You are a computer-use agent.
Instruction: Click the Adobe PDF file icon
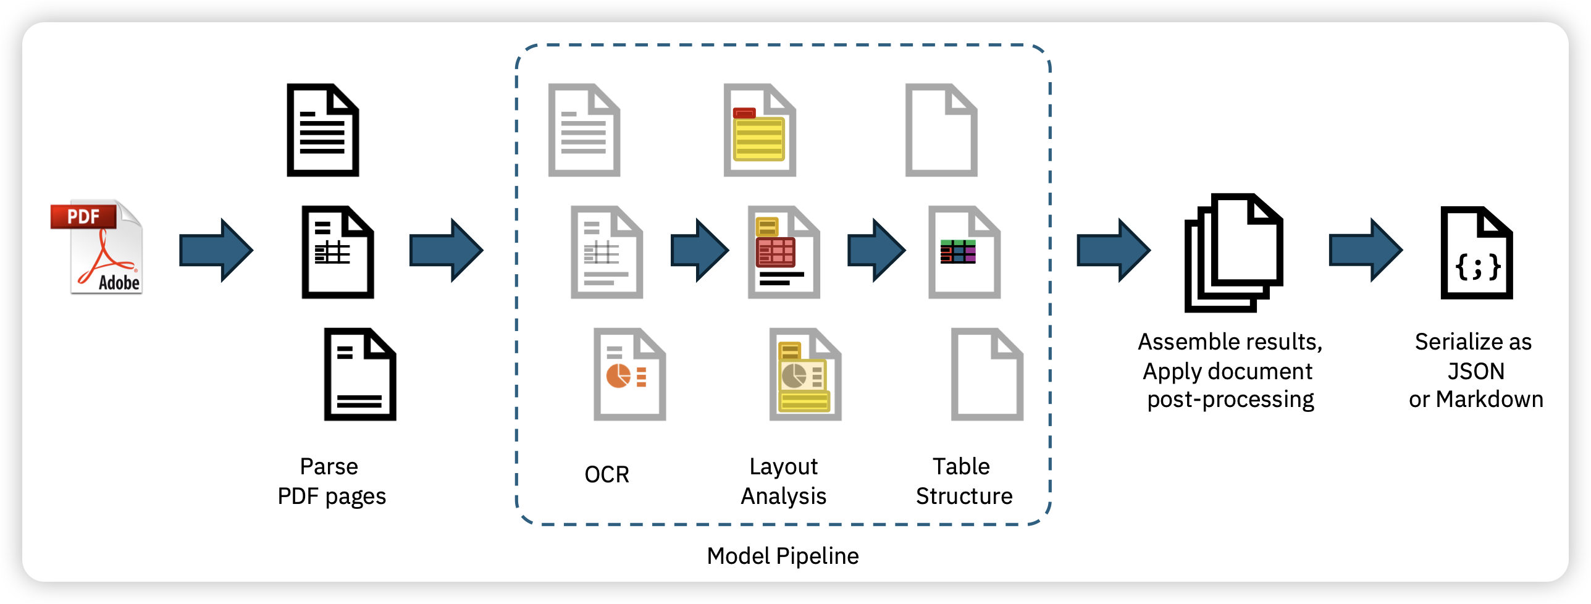tap(98, 247)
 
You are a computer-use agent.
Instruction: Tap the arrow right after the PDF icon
tap(216, 250)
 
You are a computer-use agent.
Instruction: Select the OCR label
tap(607, 474)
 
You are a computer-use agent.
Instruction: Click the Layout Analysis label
tap(783, 481)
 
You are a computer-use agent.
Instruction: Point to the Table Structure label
tap(963, 481)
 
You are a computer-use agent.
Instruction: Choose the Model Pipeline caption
tap(783, 556)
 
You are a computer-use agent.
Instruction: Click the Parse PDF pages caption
tap(331, 481)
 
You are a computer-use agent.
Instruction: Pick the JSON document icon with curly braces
tap(1476, 253)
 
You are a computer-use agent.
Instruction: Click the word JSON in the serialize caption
tap(1476, 371)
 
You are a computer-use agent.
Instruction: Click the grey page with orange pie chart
tap(629, 374)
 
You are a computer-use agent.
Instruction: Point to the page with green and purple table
tap(963, 252)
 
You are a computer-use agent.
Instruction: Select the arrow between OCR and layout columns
tap(700, 250)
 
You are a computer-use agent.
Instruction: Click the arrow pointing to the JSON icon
tap(1366, 250)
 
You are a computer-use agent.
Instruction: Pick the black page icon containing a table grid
tap(337, 252)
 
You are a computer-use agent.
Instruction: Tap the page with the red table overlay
tap(783, 252)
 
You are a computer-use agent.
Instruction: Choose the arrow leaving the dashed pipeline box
tap(1113, 250)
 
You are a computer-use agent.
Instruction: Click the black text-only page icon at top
tap(322, 130)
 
